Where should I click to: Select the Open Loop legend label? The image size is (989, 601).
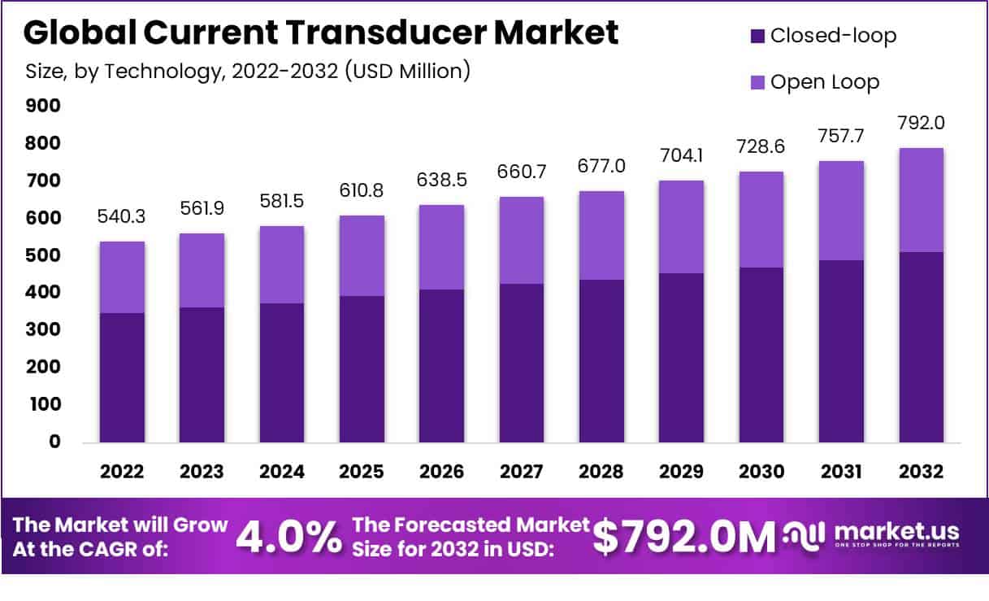click(x=825, y=82)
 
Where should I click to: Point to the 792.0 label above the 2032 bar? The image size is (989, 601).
click(x=921, y=124)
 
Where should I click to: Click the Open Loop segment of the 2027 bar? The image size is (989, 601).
click(x=522, y=240)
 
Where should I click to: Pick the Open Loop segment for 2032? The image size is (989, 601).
click(x=921, y=200)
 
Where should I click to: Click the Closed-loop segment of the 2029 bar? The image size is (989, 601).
click(x=681, y=358)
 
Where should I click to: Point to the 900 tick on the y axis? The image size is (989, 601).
click(x=44, y=106)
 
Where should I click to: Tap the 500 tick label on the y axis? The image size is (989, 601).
click(x=44, y=255)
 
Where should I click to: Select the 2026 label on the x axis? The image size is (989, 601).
click(x=441, y=473)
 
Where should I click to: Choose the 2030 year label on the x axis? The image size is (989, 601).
click(x=761, y=473)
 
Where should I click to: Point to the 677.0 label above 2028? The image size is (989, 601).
click(x=601, y=167)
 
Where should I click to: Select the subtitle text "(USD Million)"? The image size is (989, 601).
click(x=408, y=72)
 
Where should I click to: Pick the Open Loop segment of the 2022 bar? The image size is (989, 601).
click(x=123, y=277)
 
